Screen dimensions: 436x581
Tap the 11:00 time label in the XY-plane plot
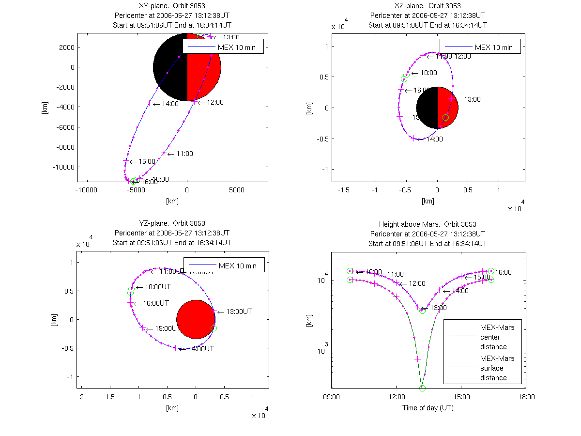point(184,154)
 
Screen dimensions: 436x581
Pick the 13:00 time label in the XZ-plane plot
point(472,99)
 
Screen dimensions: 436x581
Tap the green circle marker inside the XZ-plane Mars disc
point(446,117)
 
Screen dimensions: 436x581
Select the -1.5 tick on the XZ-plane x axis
point(344,190)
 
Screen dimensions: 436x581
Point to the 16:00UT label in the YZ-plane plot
point(155,303)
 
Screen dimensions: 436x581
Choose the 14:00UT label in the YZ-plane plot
point(200,348)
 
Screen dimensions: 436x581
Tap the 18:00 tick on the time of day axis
point(526,396)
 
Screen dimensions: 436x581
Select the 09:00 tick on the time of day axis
point(331,396)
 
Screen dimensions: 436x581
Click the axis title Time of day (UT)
point(428,408)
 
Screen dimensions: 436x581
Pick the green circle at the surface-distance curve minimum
point(422,388)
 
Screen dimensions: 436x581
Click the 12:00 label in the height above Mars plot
point(416,283)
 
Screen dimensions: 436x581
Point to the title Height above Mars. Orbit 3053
point(428,224)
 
